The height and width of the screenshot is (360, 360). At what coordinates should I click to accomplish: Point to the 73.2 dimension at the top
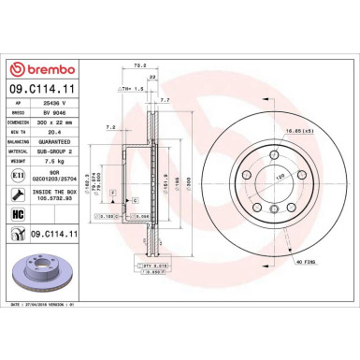(139, 66)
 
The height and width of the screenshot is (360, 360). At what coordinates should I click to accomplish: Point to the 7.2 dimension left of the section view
(108, 125)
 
